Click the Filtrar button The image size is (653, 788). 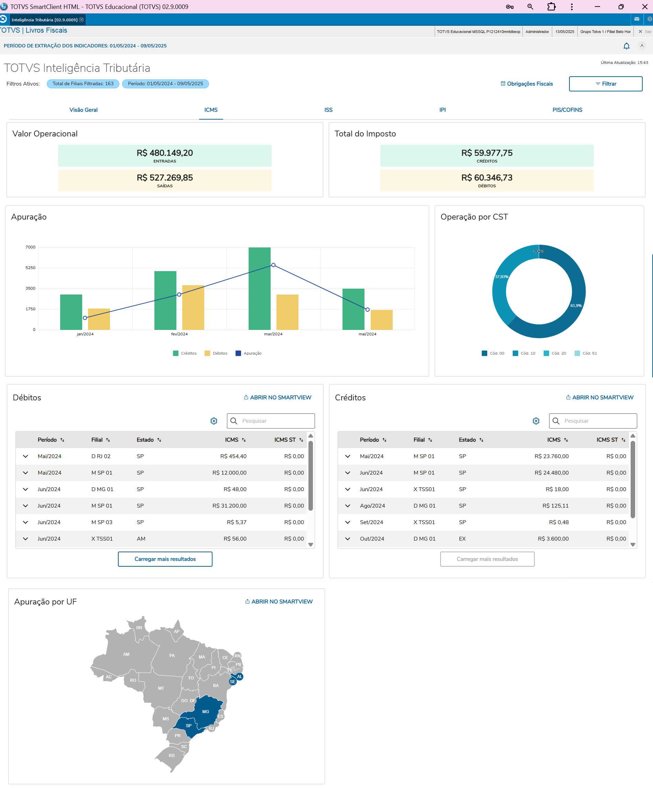pyautogui.click(x=605, y=84)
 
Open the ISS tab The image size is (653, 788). pyautogui.click(x=328, y=110)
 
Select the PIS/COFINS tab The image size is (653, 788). pyautogui.click(x=567, y=110)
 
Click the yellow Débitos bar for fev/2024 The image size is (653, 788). pyautogui.click(x=193, y=307)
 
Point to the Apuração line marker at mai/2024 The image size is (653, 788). pyautogui.click(x=367, y=310)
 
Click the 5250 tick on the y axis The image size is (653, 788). pyautogui.click(x=30, y=268)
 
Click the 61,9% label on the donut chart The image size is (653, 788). pyautogui.click(x=576, y=306)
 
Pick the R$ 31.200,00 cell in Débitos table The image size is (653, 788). pyautogui.click(x=229, y=506)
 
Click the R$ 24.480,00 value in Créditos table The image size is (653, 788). pyautogui.click(x=551, y=473)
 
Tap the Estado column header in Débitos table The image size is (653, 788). pyautogui.click(x=145, y=440)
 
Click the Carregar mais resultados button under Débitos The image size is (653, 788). pyautogui.click(x=165, y=559)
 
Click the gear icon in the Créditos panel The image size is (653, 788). pyautogui.click(x=536, y=421)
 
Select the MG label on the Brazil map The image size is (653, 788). pyautogui.click(x=205, y=711)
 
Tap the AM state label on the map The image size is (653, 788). pyautogui.click(x=126, y=654)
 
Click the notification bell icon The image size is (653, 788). pyautogui.click(x=626, y=46)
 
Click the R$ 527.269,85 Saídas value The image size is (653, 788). pyautogui.click(x=164, y=177)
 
